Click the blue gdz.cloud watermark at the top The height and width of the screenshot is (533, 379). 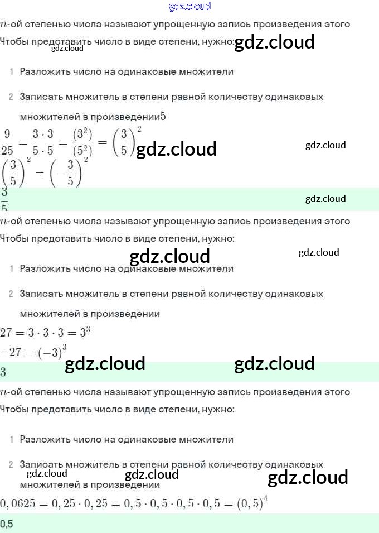[x=189, y=7]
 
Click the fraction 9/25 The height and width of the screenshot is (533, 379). [x=7, y=142]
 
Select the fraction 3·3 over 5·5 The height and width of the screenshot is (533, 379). [x=43, y=142]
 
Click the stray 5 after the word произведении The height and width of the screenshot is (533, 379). [x=163, y=117]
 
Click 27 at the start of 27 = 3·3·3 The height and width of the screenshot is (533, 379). [x=6, y=333]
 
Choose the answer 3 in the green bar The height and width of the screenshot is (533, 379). [x=3, y=372]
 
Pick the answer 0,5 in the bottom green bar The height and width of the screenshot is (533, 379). [x=7, y=524]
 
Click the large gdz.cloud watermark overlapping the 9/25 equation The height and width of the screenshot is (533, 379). [x=176, y=149]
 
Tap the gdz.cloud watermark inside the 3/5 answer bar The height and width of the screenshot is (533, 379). [x=325, y=199]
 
